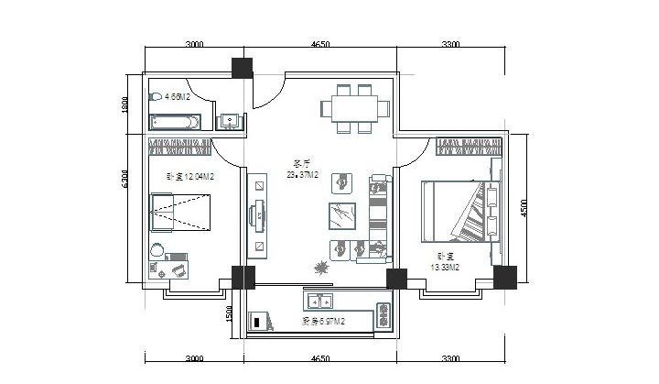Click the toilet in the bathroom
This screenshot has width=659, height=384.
[x=157, y=96]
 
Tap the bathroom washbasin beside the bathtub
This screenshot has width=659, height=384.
[x=229, y=120]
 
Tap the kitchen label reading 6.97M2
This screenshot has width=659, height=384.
[x=323, y=321]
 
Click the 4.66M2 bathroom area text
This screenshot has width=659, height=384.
[x=177, y=95]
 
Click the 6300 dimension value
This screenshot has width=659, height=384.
[x=126, y=178]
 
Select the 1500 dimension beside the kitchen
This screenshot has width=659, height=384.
[x=230, y=314]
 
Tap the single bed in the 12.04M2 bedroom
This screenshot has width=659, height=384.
[x=180, y=215]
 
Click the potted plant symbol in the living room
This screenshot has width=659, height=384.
[x=321, y=267]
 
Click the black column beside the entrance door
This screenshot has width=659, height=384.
[x=242, y=68]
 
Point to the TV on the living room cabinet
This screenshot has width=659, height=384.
[x=261, y=215]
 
